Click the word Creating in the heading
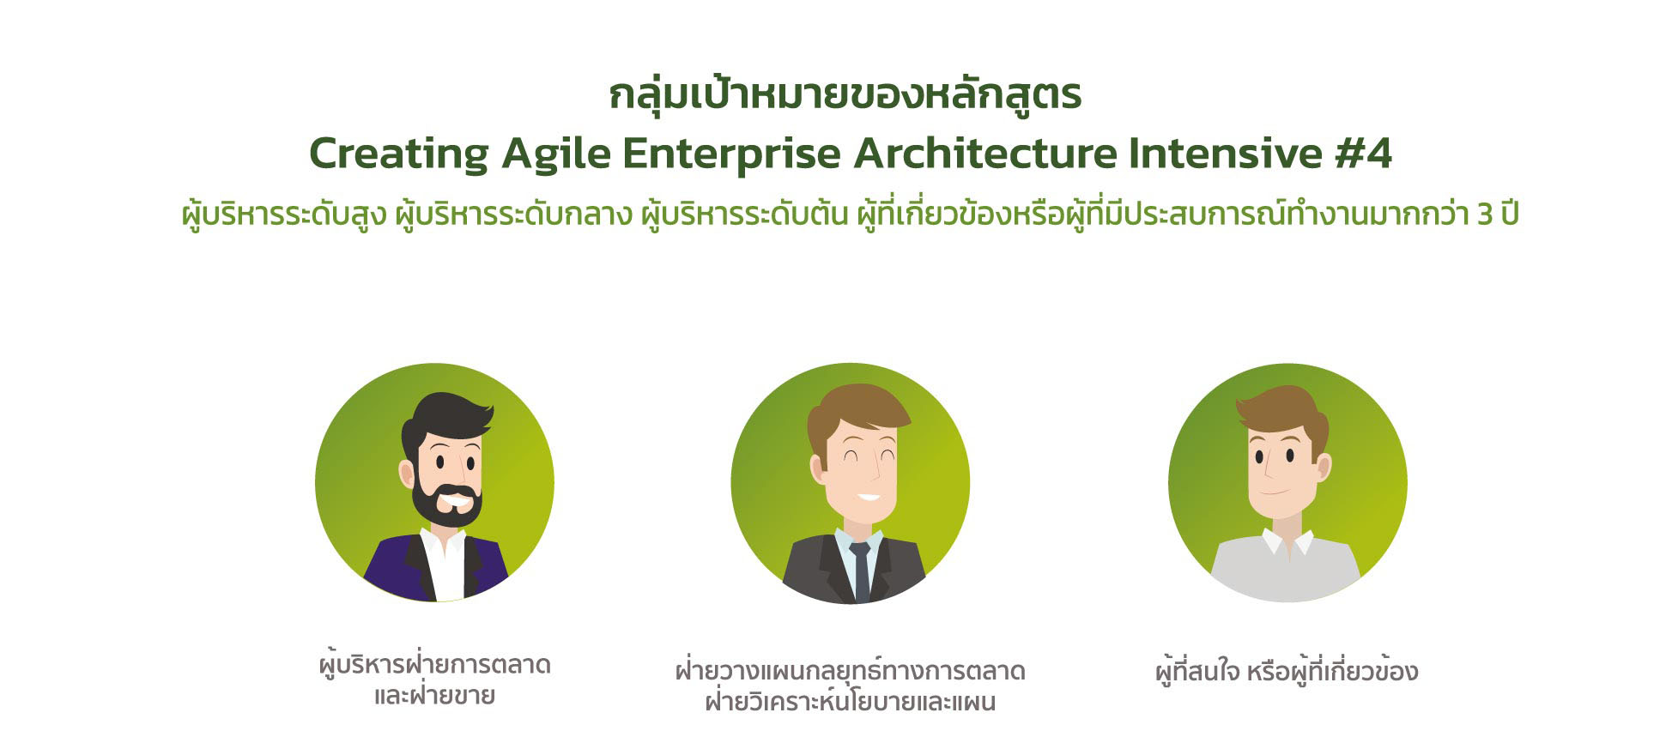[399, 154]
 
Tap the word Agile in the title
[556, 154]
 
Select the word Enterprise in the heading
[732, 154]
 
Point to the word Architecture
[985, 153]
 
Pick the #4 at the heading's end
[1364, 153]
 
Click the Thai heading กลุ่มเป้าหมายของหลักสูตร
[845, 94]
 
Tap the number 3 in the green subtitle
[1486, 214]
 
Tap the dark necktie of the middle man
[860, 571]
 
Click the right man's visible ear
[1323, 468]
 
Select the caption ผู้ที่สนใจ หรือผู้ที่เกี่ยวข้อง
[1287, 670]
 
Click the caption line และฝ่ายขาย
[434, 694]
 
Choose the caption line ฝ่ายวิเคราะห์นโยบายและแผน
[851, 701]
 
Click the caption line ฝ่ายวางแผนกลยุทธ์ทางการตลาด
[851, 669]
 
